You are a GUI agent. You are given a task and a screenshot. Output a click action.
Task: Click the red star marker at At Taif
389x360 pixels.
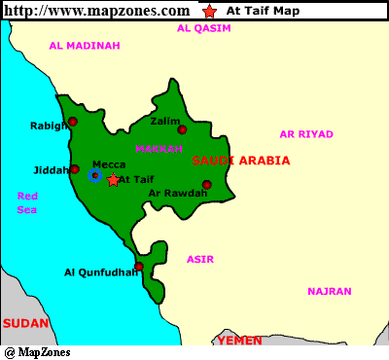pyautogui.click(x=113, y=180)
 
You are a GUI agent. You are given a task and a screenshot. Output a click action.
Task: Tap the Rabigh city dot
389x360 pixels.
pyautogui.click(x=72, y=122)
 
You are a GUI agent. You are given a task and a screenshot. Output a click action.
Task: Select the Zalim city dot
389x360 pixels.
pyautogui.click(x=182, y=129)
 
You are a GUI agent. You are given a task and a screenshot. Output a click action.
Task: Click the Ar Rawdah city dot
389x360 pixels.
pyautogui.click(x=206, y=184)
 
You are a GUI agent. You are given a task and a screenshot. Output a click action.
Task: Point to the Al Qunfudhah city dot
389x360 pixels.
pyautogui.click(x=139, y=266)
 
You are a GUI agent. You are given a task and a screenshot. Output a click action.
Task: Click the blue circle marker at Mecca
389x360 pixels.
pyautogui.click(x=94, y=175)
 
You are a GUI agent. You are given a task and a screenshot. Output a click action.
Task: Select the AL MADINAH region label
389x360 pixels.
pyautogui.click(x=84, y=46)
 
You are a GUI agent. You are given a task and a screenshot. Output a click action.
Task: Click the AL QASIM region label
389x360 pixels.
pyautogui.click(x=204, y=28)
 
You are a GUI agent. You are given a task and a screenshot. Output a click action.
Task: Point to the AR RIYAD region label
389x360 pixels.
pyautogui.click(x=305, y=134)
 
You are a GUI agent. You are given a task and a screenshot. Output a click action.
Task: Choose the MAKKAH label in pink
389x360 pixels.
pyautogui.click(x=159, y=149)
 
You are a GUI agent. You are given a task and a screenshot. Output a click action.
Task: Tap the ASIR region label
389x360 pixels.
pyautogui.click(x=200, y=259)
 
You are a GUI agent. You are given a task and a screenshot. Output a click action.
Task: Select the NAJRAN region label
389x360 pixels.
pyautogui.click(x=329, y=291)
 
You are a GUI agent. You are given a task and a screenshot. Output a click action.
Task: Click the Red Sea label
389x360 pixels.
pyautogui.click(x=27, y=202)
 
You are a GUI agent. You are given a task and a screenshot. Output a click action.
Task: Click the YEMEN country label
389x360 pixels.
pyautogui.click(x=239, y=342)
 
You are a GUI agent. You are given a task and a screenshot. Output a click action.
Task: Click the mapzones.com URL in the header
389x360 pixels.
pyautogui.click(x=95, y=11)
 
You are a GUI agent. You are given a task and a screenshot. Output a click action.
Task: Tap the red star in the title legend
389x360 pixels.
pyautogui.click(x=211, y=12)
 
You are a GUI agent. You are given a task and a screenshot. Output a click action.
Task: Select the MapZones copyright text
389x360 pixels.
pyautogui.click(x=37, y=352)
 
